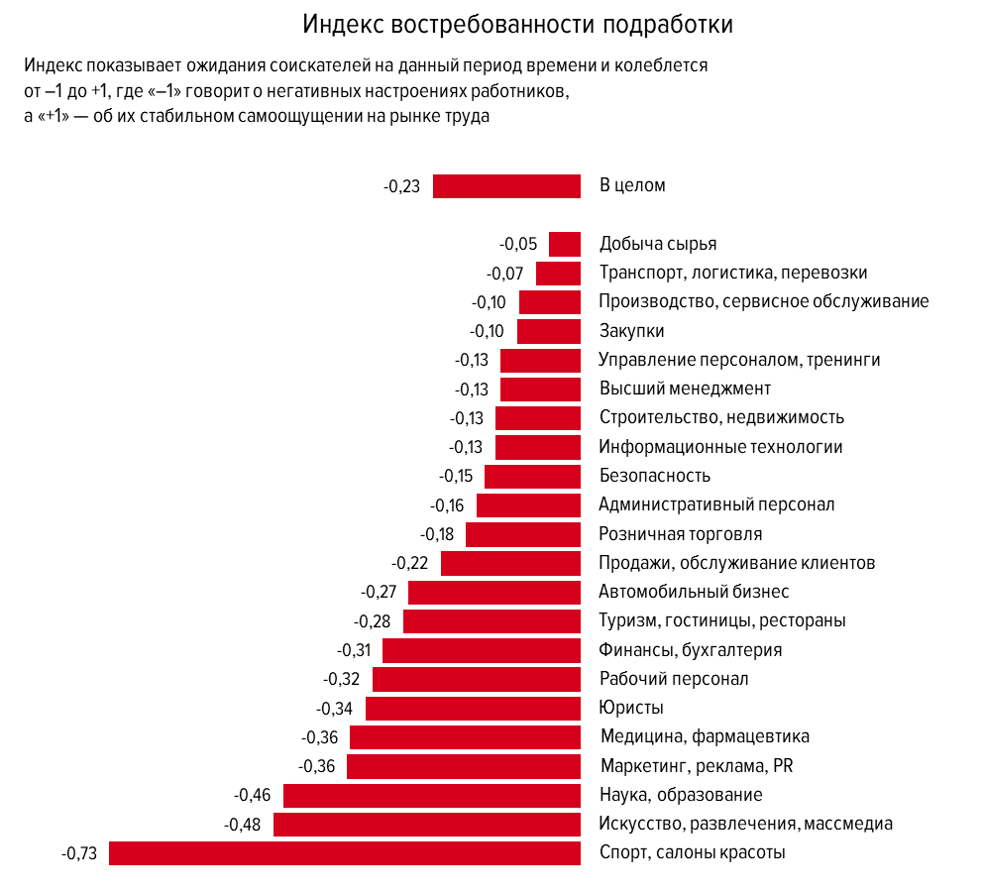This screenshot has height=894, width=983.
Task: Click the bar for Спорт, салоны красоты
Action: (x=345, y=852)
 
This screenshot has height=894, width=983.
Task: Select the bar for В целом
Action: (x=506, y=185)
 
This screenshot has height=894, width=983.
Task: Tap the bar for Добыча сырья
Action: (x=565, y=244)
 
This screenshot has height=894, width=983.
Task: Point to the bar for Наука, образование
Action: (x=432, y=795)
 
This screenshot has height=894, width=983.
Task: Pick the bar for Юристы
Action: (x=473, y=708)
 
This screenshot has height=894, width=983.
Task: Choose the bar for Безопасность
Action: (x=532, y=476)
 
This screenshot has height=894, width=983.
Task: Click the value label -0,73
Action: (x=79, y=853)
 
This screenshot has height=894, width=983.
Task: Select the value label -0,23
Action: (x=401, y=186)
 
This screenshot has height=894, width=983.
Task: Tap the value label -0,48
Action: (x=243, y=825)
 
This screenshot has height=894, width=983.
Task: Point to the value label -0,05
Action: (x=518, y=245)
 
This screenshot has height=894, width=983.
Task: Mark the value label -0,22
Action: (x=409, y=563)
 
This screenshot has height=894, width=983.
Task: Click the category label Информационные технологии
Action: (x=720, y=447)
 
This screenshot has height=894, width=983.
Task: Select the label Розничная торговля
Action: (x=681, y=534)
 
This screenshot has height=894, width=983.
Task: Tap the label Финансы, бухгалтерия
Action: (x=691, y=650)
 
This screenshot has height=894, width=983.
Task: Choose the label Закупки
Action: (x=631, y=331)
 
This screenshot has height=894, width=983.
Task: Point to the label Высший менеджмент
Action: (x=685, y=389)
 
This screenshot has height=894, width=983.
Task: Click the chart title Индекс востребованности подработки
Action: (x=518, y=25)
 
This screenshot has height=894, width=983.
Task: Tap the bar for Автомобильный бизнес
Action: (x=494, y=592)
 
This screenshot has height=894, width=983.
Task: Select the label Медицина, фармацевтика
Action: (x=705, y=736)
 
